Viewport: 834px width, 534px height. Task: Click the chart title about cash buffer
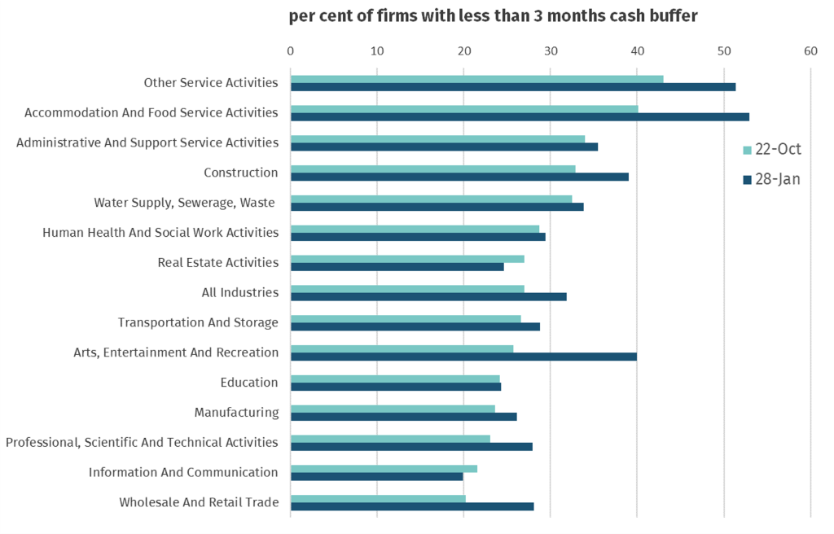pos(493,16)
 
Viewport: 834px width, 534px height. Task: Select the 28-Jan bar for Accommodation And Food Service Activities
pos(520,116)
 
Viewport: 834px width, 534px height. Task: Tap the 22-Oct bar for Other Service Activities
pos(476,79)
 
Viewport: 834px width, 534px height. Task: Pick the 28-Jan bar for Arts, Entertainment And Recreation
pos(463,357)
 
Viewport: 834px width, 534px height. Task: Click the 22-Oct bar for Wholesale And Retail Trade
pos(378,498)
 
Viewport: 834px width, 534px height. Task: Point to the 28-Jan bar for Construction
pos(459,177)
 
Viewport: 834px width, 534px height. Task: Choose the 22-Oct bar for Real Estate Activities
pos(407,259)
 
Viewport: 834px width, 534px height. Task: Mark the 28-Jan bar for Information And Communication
pos(376,476)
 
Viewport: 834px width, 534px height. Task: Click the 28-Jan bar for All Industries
pos(428,296)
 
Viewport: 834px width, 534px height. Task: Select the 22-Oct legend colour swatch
pos(747,151)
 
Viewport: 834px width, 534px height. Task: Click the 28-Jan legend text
pos(778,180)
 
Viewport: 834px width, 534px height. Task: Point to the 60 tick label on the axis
pos(810,51)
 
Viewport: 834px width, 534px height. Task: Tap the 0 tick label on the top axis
pos(291,51)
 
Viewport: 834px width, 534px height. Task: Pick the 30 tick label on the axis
pos(551,51)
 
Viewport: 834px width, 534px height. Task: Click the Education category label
pos(249,383)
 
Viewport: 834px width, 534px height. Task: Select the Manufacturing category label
pos(236,413)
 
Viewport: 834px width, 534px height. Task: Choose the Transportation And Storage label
pos(198,322)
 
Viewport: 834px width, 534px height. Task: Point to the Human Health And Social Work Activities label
pos(160,233)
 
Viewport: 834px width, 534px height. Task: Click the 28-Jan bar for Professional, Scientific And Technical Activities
pos(411,446)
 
